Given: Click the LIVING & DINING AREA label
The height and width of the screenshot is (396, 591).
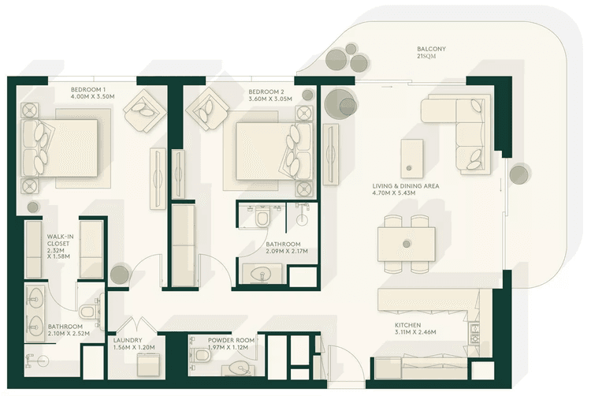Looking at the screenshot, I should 406,187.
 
